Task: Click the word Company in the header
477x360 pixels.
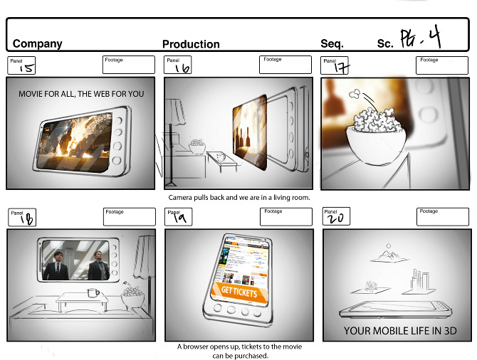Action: [37, 43]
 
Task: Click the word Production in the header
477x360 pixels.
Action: [191, 43]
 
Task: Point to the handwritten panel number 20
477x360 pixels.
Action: [335, 219]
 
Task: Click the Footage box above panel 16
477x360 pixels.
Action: [285, 65]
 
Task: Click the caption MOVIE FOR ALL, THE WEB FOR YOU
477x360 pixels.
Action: [81, 93]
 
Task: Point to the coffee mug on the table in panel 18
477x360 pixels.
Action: [91, 292]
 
